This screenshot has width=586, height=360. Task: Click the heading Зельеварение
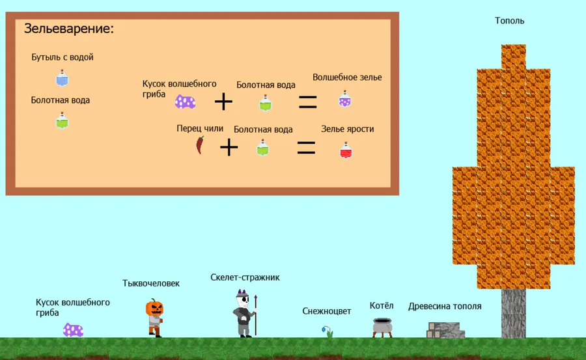[69, 29]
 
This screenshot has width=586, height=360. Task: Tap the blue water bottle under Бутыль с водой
[63, 78]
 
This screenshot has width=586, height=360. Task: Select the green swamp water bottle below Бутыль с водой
[62, 120]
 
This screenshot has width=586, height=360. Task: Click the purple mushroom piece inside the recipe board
[186, 102]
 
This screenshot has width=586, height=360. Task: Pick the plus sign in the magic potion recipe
[223, 102]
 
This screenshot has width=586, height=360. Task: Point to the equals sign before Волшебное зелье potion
[308, 102]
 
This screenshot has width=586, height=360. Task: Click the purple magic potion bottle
[344, 99]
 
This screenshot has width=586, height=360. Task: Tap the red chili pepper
[201, 145]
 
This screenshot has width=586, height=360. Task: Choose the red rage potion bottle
[346, 150]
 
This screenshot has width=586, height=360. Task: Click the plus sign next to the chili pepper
[229, 147]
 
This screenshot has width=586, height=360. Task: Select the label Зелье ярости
[348, 129]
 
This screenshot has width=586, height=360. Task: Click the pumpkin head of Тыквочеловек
[154, 308]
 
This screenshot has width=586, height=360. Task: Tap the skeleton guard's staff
[256, 315]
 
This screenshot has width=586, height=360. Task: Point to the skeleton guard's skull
[243, 299]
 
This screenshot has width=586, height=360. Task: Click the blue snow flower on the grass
[327, 332]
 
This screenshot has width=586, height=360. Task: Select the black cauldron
[382, 328]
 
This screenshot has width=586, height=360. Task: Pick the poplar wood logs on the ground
[446, 330]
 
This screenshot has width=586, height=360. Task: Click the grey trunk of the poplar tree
[514, 313]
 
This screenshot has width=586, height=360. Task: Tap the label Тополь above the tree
[509, 21]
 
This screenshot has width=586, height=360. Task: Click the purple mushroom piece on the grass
[73, 330]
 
